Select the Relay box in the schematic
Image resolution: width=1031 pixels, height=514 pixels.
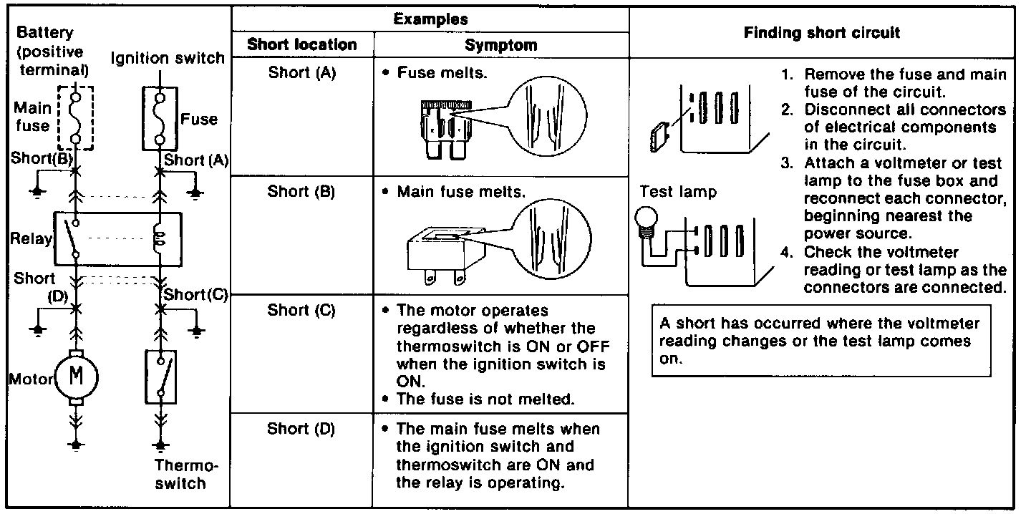pos(117,238)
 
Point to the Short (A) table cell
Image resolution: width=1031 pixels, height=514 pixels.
pos(301,72)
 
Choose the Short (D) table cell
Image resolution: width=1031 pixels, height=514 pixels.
pos(301,429)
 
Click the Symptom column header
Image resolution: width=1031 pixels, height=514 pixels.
pos(500,45)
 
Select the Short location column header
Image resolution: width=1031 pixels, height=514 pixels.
pos(301,45)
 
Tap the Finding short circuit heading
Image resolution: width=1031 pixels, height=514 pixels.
pos(822,33)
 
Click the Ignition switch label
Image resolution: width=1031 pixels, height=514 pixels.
pos(167,58)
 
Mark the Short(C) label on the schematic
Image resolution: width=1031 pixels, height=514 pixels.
pos(195,294)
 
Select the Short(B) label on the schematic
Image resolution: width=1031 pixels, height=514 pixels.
pos(42,160)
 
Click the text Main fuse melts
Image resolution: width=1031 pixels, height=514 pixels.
pos(461,193)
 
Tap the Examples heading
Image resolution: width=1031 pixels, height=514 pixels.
pos(430,19)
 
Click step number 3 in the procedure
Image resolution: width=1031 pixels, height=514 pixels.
pos(785,164)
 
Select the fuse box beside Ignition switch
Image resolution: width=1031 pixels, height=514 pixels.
pos(160,119)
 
